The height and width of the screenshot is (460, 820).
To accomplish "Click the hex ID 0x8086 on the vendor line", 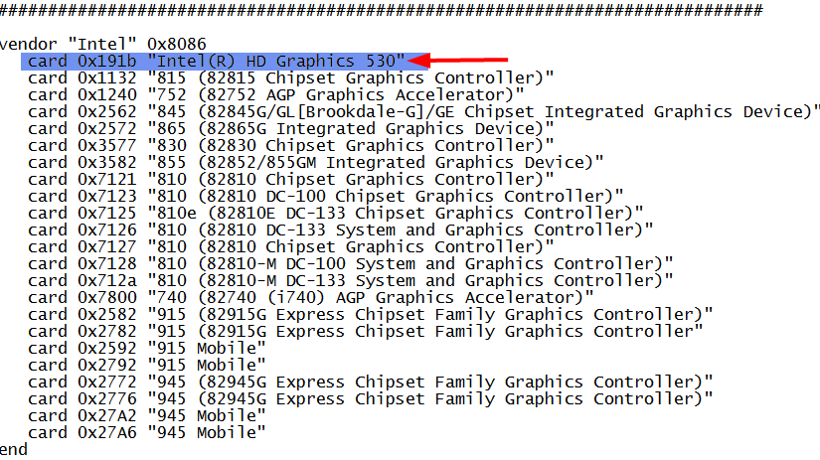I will tap(177, 45).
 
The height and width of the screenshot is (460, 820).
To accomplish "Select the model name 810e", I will tap(172, 214).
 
